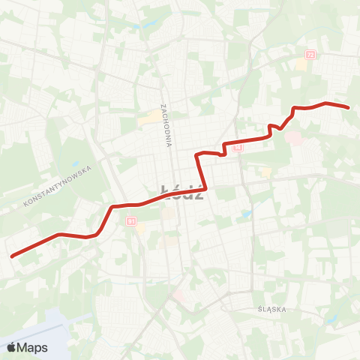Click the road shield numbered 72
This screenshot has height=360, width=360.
point(310,54)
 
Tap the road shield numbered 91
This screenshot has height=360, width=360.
point(131,221)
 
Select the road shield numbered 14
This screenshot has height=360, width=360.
point(238,148)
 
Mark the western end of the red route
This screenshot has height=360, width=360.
point(12,256)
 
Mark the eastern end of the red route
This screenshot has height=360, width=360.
point(349,107)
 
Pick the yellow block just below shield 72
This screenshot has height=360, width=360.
point(301,64)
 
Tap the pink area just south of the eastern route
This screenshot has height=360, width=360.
point(292,138)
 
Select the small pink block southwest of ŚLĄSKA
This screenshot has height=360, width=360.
point(178,296)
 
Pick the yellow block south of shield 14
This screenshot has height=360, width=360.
point(265,172)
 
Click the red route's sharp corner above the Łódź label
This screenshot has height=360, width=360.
point(198,154)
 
